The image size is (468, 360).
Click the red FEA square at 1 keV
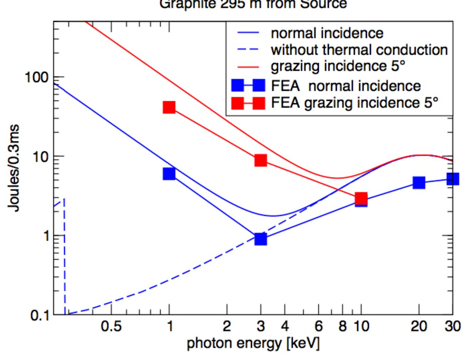169,107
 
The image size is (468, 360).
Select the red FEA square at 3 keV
261,160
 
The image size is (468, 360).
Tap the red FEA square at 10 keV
361,199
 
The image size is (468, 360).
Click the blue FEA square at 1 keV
169,174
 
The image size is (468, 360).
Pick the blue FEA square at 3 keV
261,239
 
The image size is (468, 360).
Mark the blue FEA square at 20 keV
419,183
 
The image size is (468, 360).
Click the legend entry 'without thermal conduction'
359,50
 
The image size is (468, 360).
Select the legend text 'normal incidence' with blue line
327,33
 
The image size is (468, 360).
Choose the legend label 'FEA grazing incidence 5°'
354,103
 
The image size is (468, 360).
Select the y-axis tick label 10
40,157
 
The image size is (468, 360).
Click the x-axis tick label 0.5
111,326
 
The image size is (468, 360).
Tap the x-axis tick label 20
418,326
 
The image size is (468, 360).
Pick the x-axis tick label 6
318,326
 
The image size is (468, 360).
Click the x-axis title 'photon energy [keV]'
253,343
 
